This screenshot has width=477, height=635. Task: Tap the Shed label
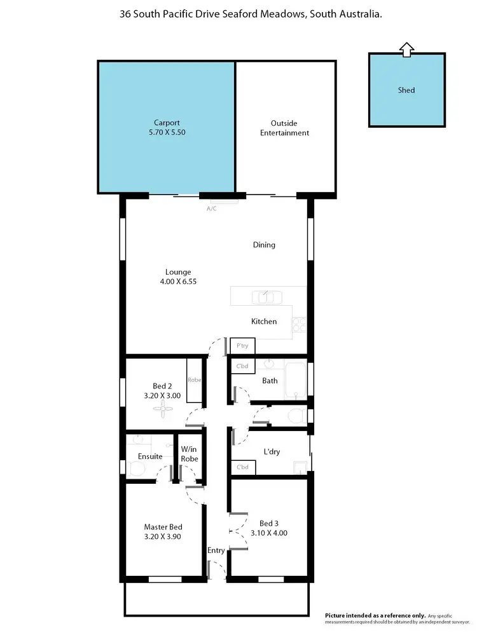(x=406, y=90)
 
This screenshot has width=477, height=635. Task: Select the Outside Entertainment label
(x=284, y=128)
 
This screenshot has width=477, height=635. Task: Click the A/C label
(x=211, y=208)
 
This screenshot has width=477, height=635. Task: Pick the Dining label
(x=264, y=245)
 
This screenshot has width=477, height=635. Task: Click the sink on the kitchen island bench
(x=263, y=297)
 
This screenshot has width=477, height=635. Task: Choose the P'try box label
(x=242, y=346)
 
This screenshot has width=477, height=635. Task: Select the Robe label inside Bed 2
(x=194, y=380)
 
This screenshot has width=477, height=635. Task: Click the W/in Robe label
(x=190, y=454)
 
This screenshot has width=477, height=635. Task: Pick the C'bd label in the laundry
(x=242, y=468)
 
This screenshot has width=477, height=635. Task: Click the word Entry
(x=216, y=550)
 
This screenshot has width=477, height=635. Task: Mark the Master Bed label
(x=163, y=527)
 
